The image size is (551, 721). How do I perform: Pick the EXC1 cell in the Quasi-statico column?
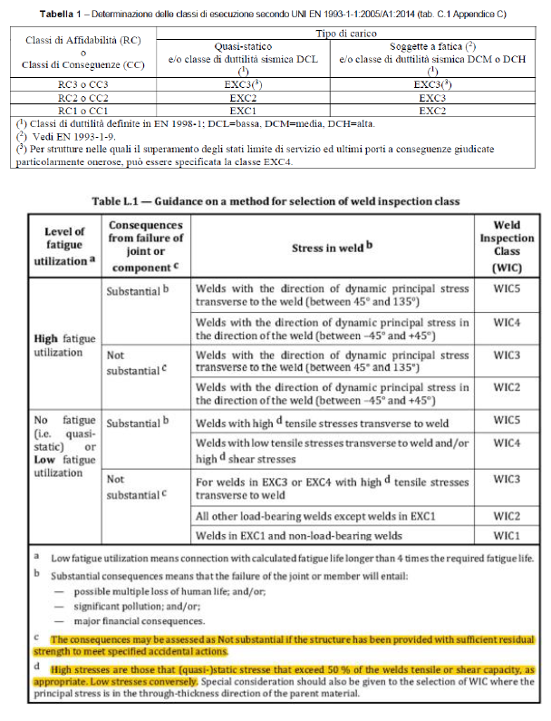tap(244, 110)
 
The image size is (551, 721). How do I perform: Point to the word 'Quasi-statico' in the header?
tap(244, 45)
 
